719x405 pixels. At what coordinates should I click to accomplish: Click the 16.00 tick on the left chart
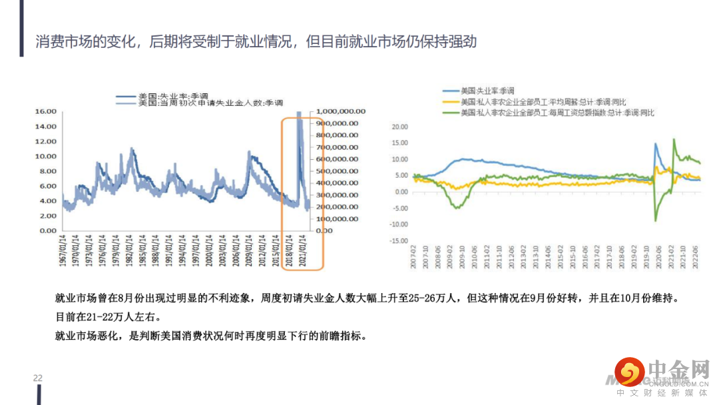pos(45,111)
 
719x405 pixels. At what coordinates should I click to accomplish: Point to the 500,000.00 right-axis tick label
pos(339,171)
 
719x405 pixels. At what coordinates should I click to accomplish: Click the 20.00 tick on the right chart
pos(399,127)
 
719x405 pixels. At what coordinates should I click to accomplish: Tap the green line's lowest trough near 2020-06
pos(656,220)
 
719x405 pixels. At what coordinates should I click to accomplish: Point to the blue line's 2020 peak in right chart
pos(656,143)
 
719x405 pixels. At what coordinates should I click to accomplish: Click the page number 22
pos(38,378)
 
